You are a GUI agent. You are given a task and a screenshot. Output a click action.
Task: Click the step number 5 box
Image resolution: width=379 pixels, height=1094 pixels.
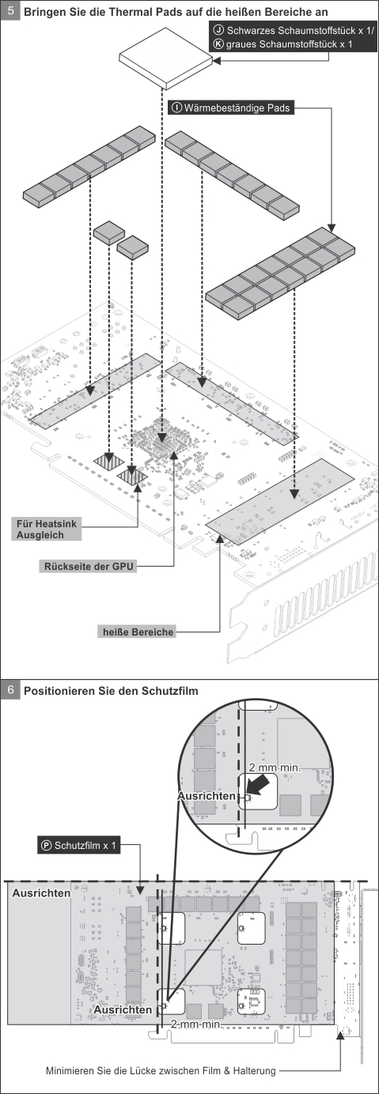(10, 10)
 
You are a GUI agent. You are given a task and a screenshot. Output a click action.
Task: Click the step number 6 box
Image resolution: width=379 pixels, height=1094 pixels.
(10, 690)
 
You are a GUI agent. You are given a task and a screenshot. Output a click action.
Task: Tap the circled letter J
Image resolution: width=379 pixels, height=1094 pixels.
(218, 30)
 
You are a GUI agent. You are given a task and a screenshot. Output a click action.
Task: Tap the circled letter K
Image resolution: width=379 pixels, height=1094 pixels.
(218, 44)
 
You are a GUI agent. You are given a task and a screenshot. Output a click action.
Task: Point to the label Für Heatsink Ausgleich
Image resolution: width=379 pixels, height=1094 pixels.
(47, 530)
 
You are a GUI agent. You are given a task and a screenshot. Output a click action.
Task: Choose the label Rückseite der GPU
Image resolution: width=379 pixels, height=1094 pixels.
(89, 567)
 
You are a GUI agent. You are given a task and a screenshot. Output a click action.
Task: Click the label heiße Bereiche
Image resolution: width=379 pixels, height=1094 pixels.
(138, 632)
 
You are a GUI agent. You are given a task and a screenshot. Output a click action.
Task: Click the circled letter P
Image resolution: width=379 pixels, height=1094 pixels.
(47, 846)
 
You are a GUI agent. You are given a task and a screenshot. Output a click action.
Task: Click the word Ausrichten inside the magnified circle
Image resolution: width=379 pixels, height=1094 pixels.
(206, 795)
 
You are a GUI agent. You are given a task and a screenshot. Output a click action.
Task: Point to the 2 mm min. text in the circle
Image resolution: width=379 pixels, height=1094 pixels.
(275, 768)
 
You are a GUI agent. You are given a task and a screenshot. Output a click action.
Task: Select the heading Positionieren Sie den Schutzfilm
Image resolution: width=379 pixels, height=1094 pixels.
(111, 691)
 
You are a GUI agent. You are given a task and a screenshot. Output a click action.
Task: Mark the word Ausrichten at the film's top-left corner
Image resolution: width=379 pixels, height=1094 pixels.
(42, 892)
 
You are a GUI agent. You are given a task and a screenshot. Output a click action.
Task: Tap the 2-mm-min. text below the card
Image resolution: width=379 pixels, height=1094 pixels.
(196, 1024)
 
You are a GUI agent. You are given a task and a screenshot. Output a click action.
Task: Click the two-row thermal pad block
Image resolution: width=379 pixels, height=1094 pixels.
(280, 273)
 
